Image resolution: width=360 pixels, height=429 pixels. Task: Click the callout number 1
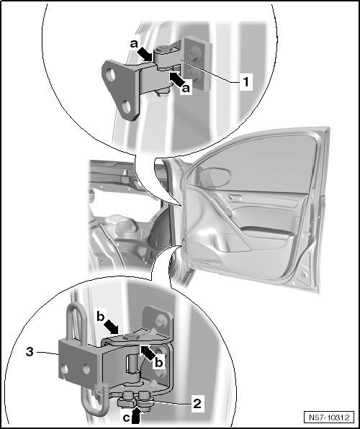(246, 81)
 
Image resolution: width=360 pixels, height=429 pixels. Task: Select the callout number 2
(197, 403)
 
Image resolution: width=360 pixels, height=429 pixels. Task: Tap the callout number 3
(30, 351)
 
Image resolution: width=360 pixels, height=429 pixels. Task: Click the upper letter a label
(134, 43)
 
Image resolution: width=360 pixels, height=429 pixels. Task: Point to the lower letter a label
(186, 89)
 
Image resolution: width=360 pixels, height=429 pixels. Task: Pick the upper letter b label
(101, 317)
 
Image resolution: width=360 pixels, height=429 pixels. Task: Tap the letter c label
(126, 417)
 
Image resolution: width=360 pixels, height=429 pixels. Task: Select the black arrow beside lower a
(176, 79)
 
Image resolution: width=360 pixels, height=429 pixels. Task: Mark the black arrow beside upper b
(112, 328)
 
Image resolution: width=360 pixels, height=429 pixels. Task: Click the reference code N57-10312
(329, 417)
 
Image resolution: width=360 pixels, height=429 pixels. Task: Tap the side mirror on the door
(215, 177)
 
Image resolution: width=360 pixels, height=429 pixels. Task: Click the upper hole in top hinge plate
(111, 75)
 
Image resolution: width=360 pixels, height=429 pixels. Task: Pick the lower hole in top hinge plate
(126, 107)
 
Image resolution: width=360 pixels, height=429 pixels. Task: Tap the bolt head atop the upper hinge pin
(163, 49)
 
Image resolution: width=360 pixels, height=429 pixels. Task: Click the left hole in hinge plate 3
(64, 370)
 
